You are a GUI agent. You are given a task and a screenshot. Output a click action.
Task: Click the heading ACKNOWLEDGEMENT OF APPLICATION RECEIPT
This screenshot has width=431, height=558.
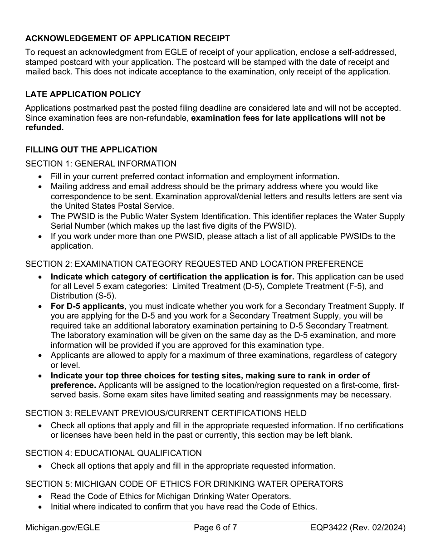127,39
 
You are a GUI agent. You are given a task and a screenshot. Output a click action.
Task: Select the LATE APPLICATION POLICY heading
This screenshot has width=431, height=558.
83,94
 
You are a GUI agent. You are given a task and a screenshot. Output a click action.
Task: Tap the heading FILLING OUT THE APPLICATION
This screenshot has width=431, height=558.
91,150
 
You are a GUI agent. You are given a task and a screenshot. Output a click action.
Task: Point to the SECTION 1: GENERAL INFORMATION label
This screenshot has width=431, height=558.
101,164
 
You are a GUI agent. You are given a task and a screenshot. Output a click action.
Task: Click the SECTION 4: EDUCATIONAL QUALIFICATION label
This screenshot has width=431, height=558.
113,453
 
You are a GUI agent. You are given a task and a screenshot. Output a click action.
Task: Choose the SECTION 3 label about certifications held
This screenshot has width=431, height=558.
166,413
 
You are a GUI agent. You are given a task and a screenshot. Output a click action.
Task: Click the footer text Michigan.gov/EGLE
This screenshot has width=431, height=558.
63,528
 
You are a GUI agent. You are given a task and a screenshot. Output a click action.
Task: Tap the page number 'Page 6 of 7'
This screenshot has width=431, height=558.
215,528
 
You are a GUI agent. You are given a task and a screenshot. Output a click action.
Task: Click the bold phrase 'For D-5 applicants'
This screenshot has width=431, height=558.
87,306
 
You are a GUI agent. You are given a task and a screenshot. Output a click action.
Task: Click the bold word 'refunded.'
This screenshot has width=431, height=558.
44,127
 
